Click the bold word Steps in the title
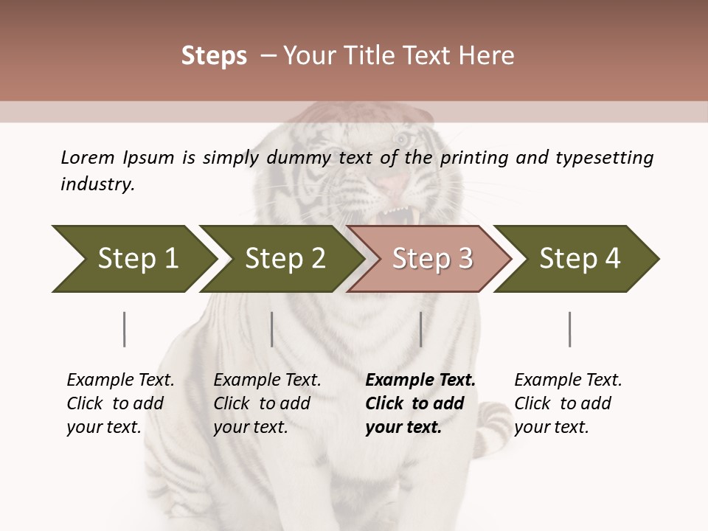pos(214,56)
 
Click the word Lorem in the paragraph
pos(87,158)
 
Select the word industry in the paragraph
pos(97,184)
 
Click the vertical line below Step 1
pos(125,329)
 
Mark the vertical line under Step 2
pos(272,329)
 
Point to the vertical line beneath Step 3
pos(420,329)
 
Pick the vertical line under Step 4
pos(570,329)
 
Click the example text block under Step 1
pos(120,403)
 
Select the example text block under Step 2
pos(267,403)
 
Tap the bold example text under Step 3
pos(420,403)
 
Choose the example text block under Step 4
pos(567,403)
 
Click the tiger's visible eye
pos(402,139)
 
